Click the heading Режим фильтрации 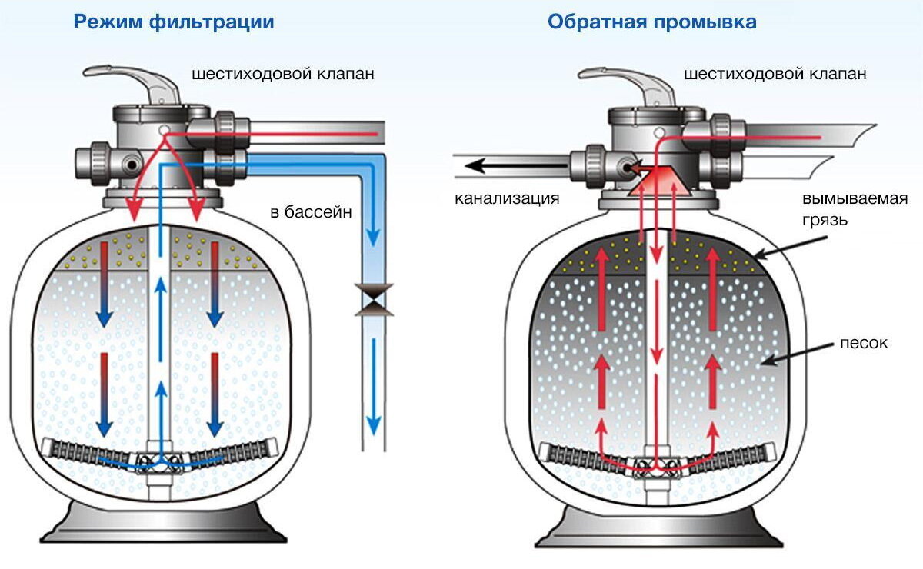pos(174,22)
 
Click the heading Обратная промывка pos(652,22)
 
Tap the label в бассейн pos(311,211)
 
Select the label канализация pos(507,198)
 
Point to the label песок pos(864,343)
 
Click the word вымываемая pos(855,198)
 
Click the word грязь pos(825,220)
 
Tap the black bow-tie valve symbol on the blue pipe pos(374,300)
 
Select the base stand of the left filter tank pos(163,522)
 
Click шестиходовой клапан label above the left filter pos(283,74)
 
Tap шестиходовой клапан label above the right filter pos(775,74)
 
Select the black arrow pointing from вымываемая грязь pos(791,248)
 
